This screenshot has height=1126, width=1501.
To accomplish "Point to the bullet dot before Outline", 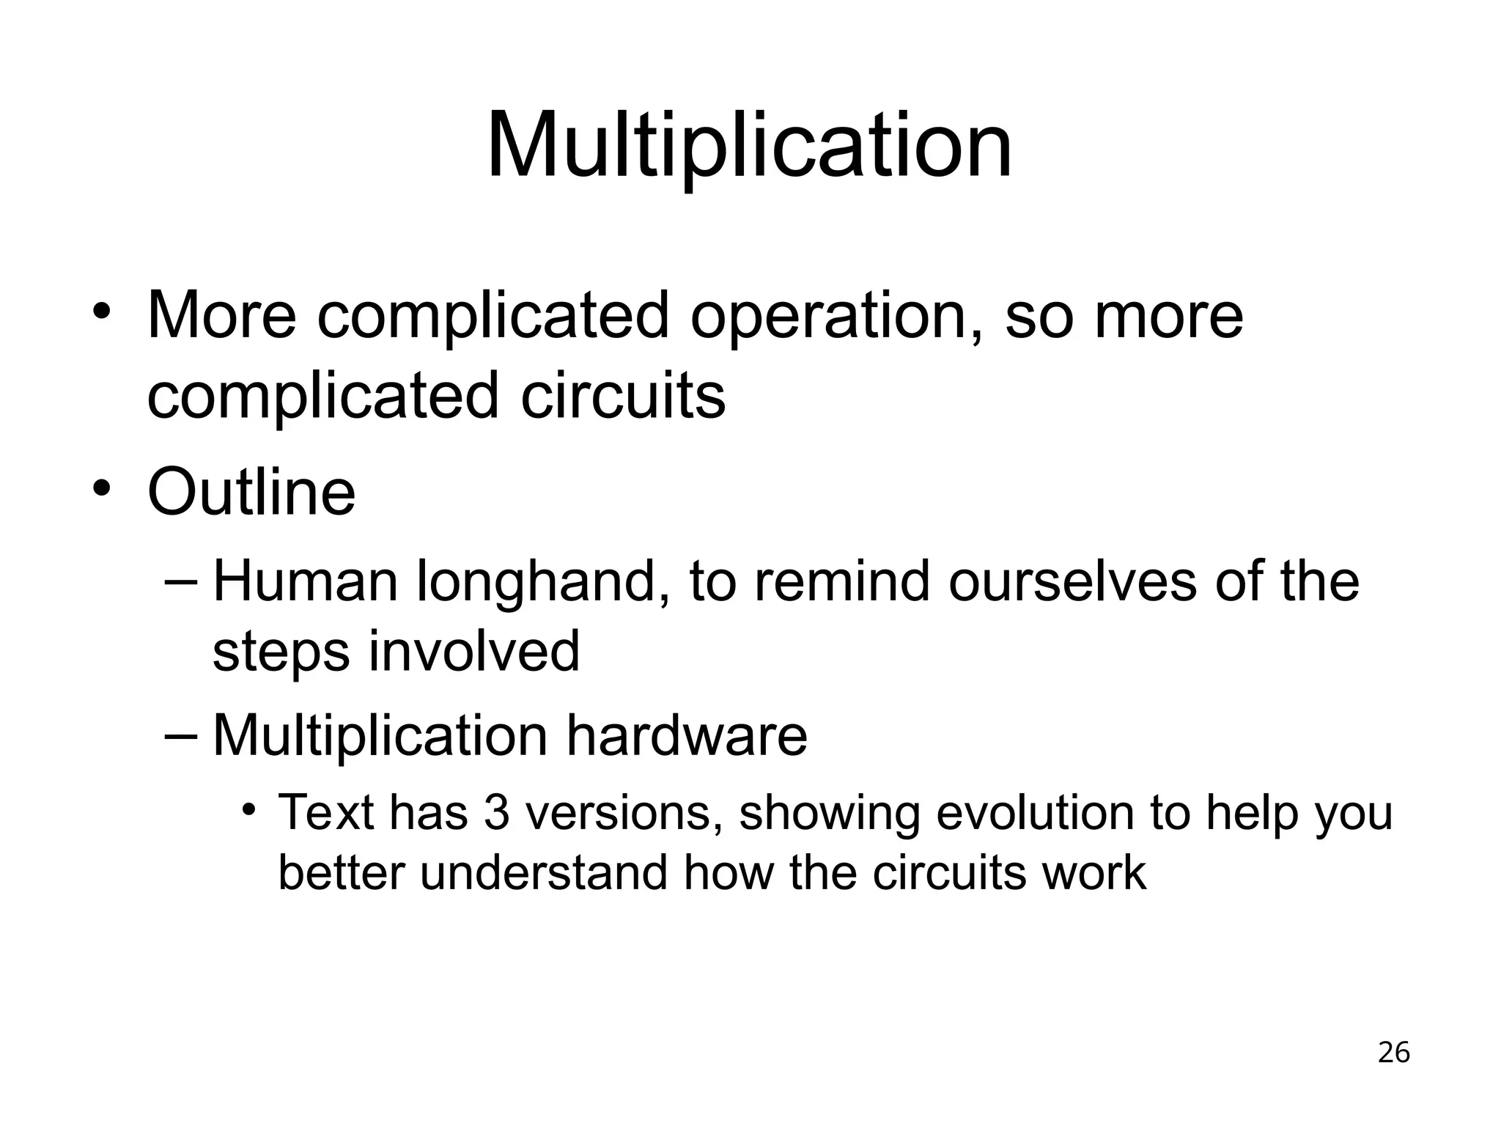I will click(x=102, y=487).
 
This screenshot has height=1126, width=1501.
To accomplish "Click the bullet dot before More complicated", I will click(x=102, y=311).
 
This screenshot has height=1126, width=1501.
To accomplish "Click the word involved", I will click(x=473, y=651).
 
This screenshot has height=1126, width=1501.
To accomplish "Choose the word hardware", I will click(x=686, y=735).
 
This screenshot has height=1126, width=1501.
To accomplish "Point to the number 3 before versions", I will click(x=496, y=813).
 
